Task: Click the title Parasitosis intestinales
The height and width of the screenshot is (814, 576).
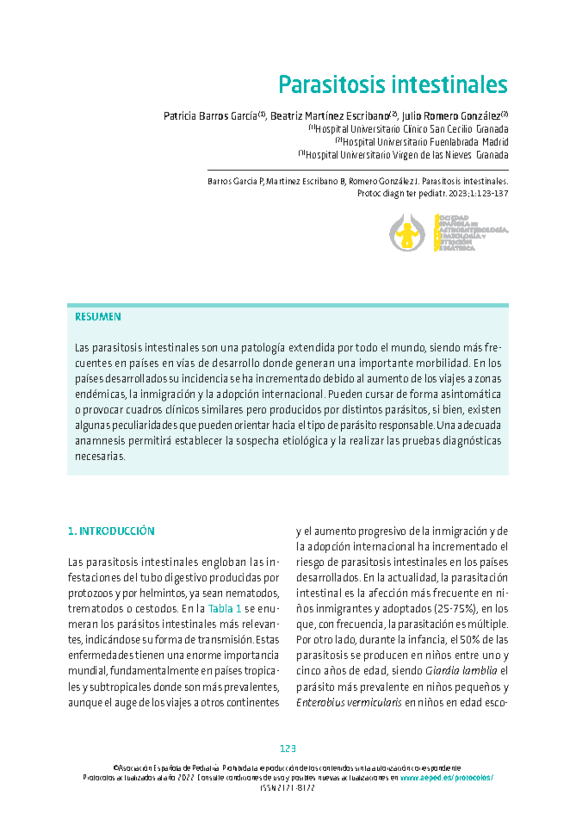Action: click(x=393, y=85)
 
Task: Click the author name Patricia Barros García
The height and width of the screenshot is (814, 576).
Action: click(x=210, y=116)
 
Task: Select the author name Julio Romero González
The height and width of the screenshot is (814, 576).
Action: click(x=451, y=116)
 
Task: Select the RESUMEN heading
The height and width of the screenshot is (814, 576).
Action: click(x=98, y=317)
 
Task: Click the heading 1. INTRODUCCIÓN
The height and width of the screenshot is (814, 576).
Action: click(x=111, y=531)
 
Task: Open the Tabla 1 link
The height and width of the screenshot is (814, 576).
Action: click(x=225, y=609)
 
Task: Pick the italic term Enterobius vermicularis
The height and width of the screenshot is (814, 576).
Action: click(x=349, y=703)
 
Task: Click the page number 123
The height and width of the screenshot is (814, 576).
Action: click(x=288, y=749)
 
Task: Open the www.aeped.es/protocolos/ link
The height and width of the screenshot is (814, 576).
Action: click(x=447, y=778)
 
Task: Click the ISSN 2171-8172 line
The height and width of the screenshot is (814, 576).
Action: click(x=288, y=788)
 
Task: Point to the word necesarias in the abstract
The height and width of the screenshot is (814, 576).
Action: click(x=100, y=456)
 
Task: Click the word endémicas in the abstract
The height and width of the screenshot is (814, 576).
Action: click(x=100, y=394)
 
